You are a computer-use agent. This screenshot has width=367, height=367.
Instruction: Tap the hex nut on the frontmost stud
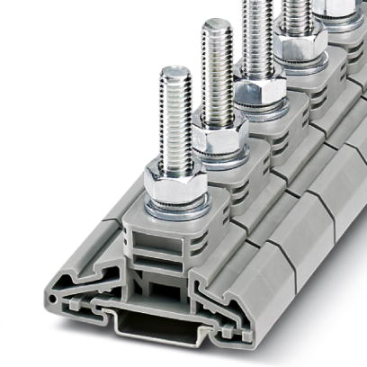click(174, 183)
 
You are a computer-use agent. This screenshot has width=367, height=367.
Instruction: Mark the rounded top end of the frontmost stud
click(174, 71)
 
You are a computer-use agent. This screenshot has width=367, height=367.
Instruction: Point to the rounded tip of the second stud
click(217, 24)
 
